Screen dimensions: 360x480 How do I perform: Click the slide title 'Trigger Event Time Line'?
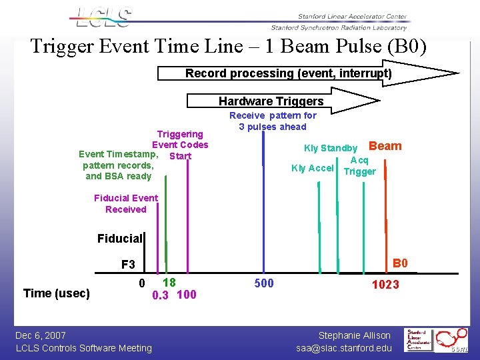coord(228,47)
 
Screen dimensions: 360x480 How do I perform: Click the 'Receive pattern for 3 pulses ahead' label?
coord(273,121)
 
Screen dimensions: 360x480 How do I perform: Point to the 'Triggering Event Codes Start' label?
coord(179,145)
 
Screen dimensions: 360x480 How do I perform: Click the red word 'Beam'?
coord(385,146)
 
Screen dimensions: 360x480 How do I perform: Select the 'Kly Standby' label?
coord(331,148)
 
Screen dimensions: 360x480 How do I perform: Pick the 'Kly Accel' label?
coord(312,168)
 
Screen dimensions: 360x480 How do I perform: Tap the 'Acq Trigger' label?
coord(359,166)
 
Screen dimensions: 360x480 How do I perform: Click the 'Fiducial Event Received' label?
coord(126,203)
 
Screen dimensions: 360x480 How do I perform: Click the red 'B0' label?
coord(400,263)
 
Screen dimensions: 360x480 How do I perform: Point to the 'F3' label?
coord(128,265)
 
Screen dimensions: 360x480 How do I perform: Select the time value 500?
coord(264,284)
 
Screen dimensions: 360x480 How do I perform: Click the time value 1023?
coord(385,285)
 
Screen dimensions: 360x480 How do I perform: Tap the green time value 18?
coord(169,282)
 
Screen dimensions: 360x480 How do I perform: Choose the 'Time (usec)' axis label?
coord(57,293)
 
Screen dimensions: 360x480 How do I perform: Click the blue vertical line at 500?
coord(264,200)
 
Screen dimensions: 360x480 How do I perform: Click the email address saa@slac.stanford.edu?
coord(344,347)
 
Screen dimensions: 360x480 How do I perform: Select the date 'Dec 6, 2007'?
coord(41,335)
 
